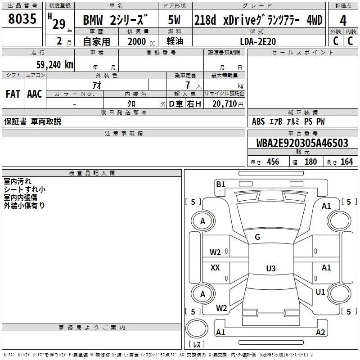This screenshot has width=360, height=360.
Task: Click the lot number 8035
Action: tap(22, 19)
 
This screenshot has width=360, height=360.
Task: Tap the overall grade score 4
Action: tap(343, 21)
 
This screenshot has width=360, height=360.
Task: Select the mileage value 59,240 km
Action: tap(55, 65)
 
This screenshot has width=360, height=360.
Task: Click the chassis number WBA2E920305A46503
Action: tap(302, 143)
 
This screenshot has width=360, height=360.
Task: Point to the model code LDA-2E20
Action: tap(258, 41)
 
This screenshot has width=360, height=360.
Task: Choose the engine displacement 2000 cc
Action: tap(141, 42)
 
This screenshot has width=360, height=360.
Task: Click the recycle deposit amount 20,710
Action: tap(224, 104)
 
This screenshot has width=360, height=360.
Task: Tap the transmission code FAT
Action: tap(13, 94)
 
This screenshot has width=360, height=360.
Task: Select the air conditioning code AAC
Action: tap(35, 94)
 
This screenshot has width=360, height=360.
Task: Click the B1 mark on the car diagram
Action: tap(220, 184)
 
